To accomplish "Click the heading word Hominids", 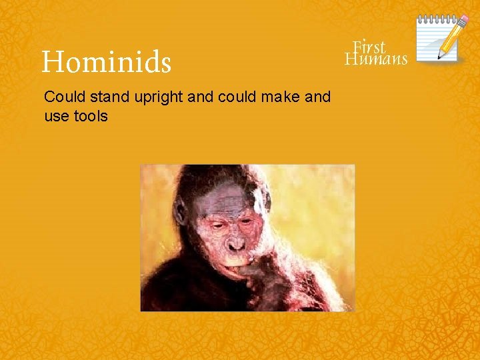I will (x=107, y=63).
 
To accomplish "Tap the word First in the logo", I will (x=369, y=47).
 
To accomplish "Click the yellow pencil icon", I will (x=451, y=37).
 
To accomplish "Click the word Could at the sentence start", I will (x=62, y=97).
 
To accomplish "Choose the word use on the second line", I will (x=55, y=117).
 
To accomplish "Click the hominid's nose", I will (x=236, y=245).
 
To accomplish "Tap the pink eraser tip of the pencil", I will (x=462, y=19).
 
